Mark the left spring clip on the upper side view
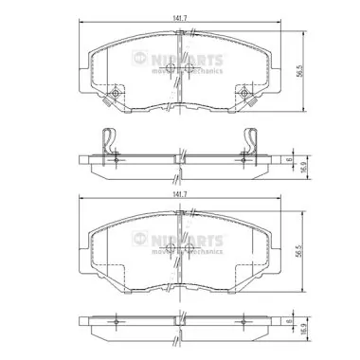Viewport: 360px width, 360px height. coord(110,142)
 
